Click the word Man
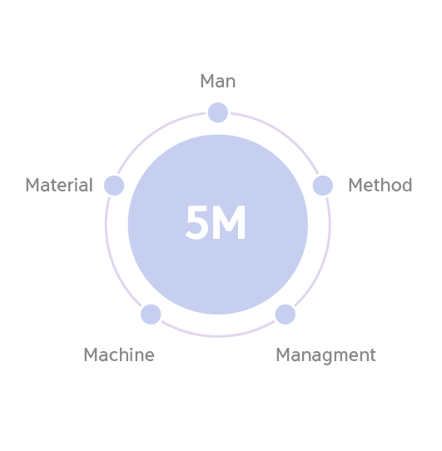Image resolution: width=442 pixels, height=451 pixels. [x=218, y=81]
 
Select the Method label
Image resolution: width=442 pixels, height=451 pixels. [x=380, y=185]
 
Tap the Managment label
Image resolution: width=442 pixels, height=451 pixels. [x=325, y=356]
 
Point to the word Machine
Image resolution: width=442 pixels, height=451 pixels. [x=119, y=354]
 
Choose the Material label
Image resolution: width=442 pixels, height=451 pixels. [x=59, y=185]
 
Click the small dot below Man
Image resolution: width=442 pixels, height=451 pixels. [x=218, y=112]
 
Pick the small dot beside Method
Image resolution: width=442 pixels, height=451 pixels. [x=323, y=186]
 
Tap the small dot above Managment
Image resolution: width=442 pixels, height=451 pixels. [x=286, y=315]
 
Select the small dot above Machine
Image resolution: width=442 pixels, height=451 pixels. [x=151, y=315]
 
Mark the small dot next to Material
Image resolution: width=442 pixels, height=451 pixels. [x=114, y=186]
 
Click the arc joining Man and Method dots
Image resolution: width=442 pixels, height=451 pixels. [x=284, y=133]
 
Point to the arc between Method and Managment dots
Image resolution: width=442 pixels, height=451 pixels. [x=325, y=259]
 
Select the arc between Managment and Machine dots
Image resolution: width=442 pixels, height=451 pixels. [x=218, y=335]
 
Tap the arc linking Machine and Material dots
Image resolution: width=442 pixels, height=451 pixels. [x=112, y=259]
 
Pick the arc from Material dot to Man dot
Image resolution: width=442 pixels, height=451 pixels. [x=152, y=133]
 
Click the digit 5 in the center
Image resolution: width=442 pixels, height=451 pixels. [x=196, y=222]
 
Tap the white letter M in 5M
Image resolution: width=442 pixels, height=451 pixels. [x=229, y=222]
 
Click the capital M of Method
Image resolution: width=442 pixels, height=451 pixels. [x=355, y=185]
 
